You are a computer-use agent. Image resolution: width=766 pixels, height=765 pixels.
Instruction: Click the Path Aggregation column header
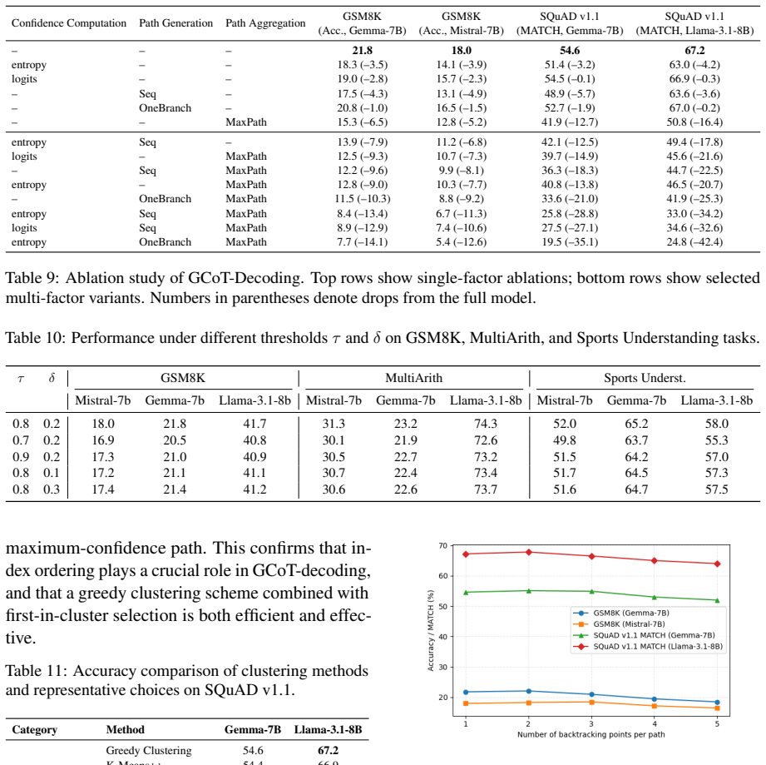pyautogui.click(x=265, y=23)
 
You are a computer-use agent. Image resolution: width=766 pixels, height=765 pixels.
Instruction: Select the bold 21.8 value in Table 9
pyautogui.click(x=362, y=50)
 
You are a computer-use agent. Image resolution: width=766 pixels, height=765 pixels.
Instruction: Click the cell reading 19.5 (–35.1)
pyautogui.click(x=570, y=242)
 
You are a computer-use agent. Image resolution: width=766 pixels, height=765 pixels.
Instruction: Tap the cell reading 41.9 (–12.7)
pyautogui.click(x=570, y=122)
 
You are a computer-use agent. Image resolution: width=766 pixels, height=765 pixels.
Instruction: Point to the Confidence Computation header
pyautogui.click(x=69, y=23)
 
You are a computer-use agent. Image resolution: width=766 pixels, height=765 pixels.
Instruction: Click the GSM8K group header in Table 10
pyautogui.click(x=183, y=378)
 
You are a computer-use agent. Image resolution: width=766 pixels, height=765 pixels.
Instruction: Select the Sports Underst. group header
pyautogui.click(x=645, y=378)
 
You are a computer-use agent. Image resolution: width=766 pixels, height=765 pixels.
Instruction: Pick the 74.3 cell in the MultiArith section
pyautogui.click(x=486, y=424)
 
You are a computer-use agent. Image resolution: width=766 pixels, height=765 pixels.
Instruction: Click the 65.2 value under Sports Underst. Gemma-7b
pyautogui.click(x=636, y=424)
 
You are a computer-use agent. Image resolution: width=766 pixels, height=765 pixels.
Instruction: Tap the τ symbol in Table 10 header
pyautogui.click(x=21, y=379)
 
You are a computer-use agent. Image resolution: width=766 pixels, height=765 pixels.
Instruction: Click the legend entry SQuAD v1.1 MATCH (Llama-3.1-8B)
pyautogui.click(x=648, y=647)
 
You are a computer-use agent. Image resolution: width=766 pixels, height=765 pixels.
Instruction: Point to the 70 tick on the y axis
pyautogui.click(x=443, y=545)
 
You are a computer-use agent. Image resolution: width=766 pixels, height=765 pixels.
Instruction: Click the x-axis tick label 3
pyautogui.click(x=591, y=724)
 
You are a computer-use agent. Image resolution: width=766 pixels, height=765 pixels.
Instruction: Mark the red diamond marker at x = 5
pyautogui.click(x=717, y=564)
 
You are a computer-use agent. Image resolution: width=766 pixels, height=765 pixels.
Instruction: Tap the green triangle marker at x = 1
pyautogui.click(x=466, y=593)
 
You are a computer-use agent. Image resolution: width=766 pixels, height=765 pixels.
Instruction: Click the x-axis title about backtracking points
pyautogui.click(x=591, y=734)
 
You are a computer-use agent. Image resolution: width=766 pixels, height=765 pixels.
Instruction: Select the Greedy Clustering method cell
pyautogui.click(x=149, y=750)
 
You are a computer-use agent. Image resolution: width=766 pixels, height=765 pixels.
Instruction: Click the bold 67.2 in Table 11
pyautogui.click(x=328, y=750)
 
